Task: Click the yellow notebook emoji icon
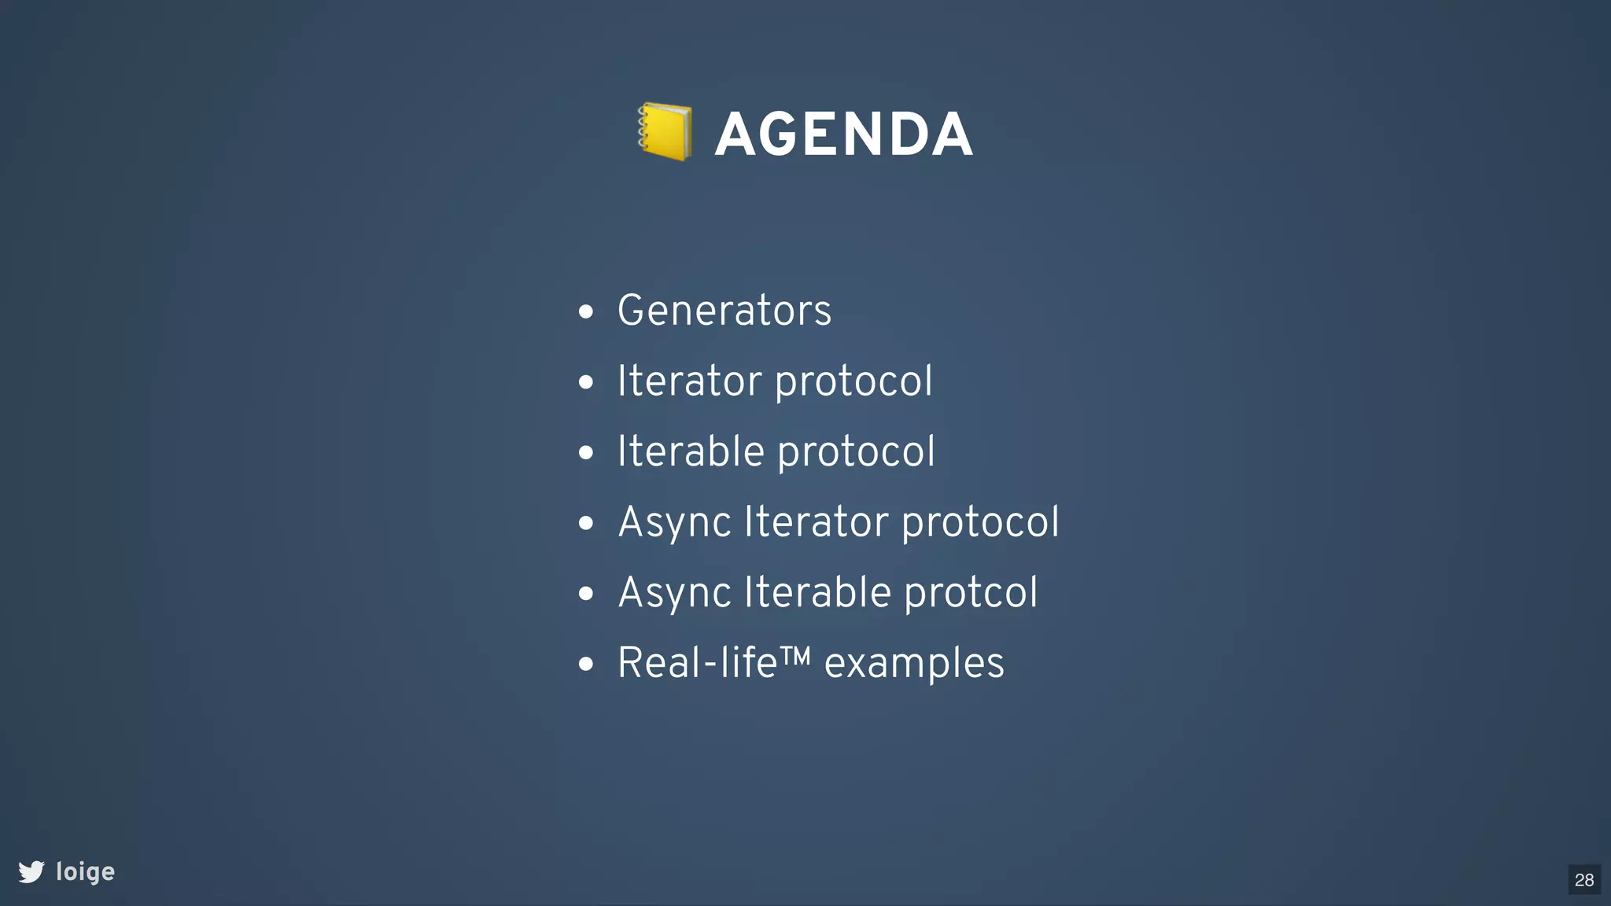pos(665,132)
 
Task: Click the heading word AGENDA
pos(843,134)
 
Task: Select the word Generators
pos(724,310)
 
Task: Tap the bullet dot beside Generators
pos(585,312)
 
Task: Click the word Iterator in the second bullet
pos(689,381)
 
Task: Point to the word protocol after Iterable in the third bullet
pos(856,452)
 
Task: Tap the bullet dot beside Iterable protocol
pos(585,453)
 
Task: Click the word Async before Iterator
pos(675,522)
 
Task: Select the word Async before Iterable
pos(675,593)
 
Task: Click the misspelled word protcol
pos(971,592)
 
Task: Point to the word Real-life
pos(697,663)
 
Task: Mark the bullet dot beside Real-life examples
pos(585,665)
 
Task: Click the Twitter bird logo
pos(31,871)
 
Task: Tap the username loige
pos(86,872)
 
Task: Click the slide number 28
pos(1584,880)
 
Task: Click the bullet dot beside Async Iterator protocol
pos(585,524)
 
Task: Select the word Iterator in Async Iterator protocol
pos(817,521)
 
